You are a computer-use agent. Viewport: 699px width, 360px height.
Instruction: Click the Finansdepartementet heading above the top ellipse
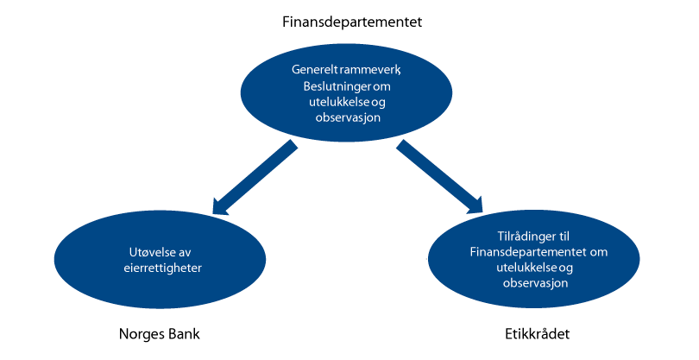348,20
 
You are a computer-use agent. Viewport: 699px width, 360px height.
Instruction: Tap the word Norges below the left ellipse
139,333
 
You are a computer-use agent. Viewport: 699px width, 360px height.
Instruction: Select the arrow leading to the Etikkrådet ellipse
441,179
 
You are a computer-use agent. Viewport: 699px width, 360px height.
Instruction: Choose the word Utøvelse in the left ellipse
146,253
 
